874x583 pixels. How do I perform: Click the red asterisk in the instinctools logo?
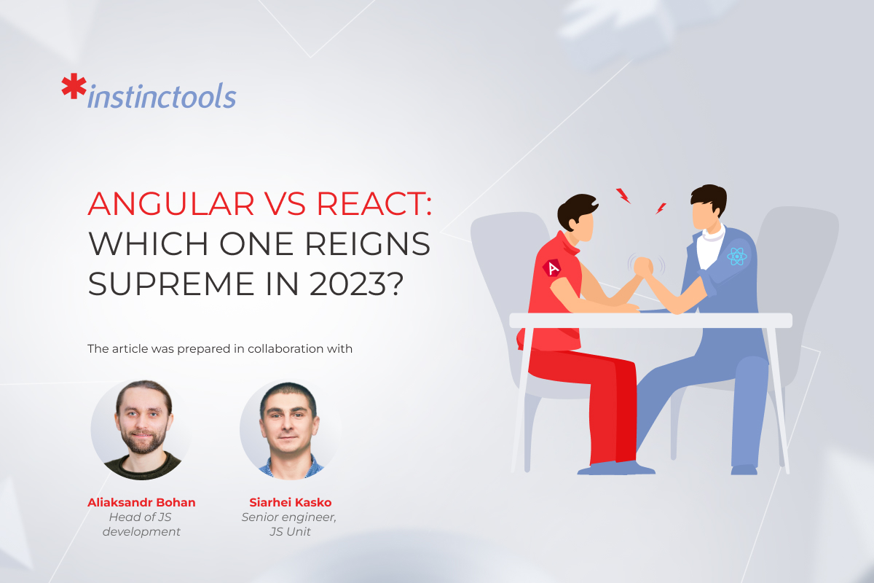[74, 86]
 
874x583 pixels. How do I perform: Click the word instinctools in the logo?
[162, 95]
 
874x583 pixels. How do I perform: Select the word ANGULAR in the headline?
[171, 203]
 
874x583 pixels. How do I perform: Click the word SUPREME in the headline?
[171, 284]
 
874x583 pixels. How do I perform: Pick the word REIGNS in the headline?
[368, 243]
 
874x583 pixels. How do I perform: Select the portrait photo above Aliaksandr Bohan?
[142, 429]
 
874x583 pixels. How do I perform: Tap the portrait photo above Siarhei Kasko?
[290, 429]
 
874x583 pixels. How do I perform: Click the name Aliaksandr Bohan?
[141, 502]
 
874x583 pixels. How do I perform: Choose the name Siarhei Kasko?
[291, 502]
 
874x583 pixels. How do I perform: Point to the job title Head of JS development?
[141, 524]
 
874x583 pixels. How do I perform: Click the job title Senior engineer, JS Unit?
[289, 524]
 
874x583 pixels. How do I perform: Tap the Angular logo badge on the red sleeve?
[552, 268]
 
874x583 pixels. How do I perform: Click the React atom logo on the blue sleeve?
[736, 257]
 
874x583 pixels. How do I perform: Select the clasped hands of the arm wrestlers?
[643, 267]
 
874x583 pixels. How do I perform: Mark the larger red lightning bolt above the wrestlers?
[623, 195]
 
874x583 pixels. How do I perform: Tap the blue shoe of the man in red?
[615, 468]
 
